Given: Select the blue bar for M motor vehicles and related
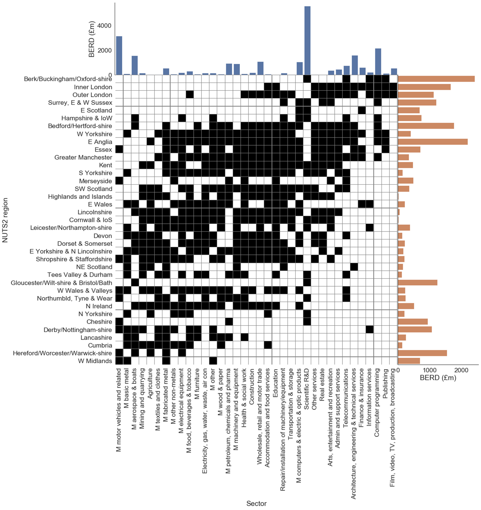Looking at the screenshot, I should (119, 55).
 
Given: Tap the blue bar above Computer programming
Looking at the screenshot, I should (378, 62).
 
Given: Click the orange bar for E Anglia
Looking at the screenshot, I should (432, 142).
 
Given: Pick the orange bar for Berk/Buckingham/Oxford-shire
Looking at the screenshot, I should (436, 79).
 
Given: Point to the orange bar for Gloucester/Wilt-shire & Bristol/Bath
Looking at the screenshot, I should (417, 283).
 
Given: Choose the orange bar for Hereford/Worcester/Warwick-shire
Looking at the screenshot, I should (422, 353).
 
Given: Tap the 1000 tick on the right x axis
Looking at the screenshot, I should (429, 370).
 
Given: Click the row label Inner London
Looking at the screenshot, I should (93, 87).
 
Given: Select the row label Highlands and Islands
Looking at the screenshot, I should (80, 197).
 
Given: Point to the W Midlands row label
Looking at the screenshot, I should (95, 361).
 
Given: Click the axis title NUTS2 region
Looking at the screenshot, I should (5, 220).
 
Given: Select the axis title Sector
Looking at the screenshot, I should (256, 503).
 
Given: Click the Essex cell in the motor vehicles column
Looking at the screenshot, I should (119, 150).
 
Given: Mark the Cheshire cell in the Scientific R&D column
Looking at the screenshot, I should (307, 322).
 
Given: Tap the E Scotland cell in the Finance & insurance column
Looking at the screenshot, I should (362, 110).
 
